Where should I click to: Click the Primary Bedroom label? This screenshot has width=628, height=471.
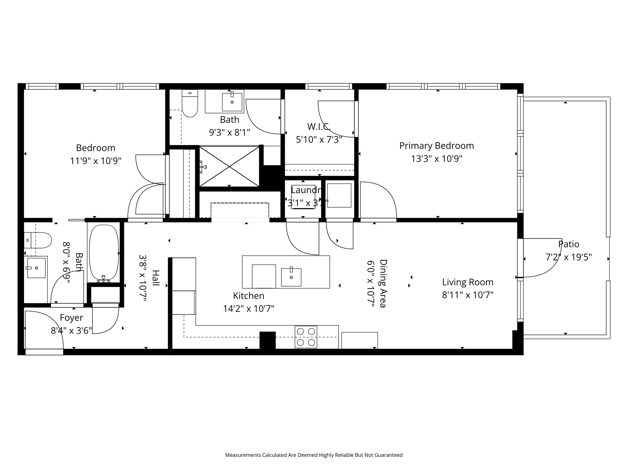point(436,146)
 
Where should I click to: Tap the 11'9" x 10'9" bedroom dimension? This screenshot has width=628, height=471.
point(96,161)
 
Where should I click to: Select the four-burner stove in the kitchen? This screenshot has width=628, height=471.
point(306,337)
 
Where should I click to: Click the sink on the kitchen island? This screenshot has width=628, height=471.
point(291,277)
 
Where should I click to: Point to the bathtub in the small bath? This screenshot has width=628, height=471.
point(104,252)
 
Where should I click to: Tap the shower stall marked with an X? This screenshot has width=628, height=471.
point(229,167)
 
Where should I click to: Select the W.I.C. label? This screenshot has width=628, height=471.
point(319,126)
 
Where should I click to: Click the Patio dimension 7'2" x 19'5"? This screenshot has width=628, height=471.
point(569,257)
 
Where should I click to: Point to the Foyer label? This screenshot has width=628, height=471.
point(71,318)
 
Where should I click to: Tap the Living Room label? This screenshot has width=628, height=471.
point(468,282)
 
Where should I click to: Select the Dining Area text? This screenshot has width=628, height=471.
point(383,283)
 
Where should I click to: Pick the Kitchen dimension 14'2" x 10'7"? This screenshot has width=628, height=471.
point(248,308)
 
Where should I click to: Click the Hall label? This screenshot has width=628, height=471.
point(156,278)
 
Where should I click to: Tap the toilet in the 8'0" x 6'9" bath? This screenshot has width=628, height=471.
point(38,240)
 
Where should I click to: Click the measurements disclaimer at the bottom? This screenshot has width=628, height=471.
point(314,455)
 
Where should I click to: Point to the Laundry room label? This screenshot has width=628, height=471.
point(305,190)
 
